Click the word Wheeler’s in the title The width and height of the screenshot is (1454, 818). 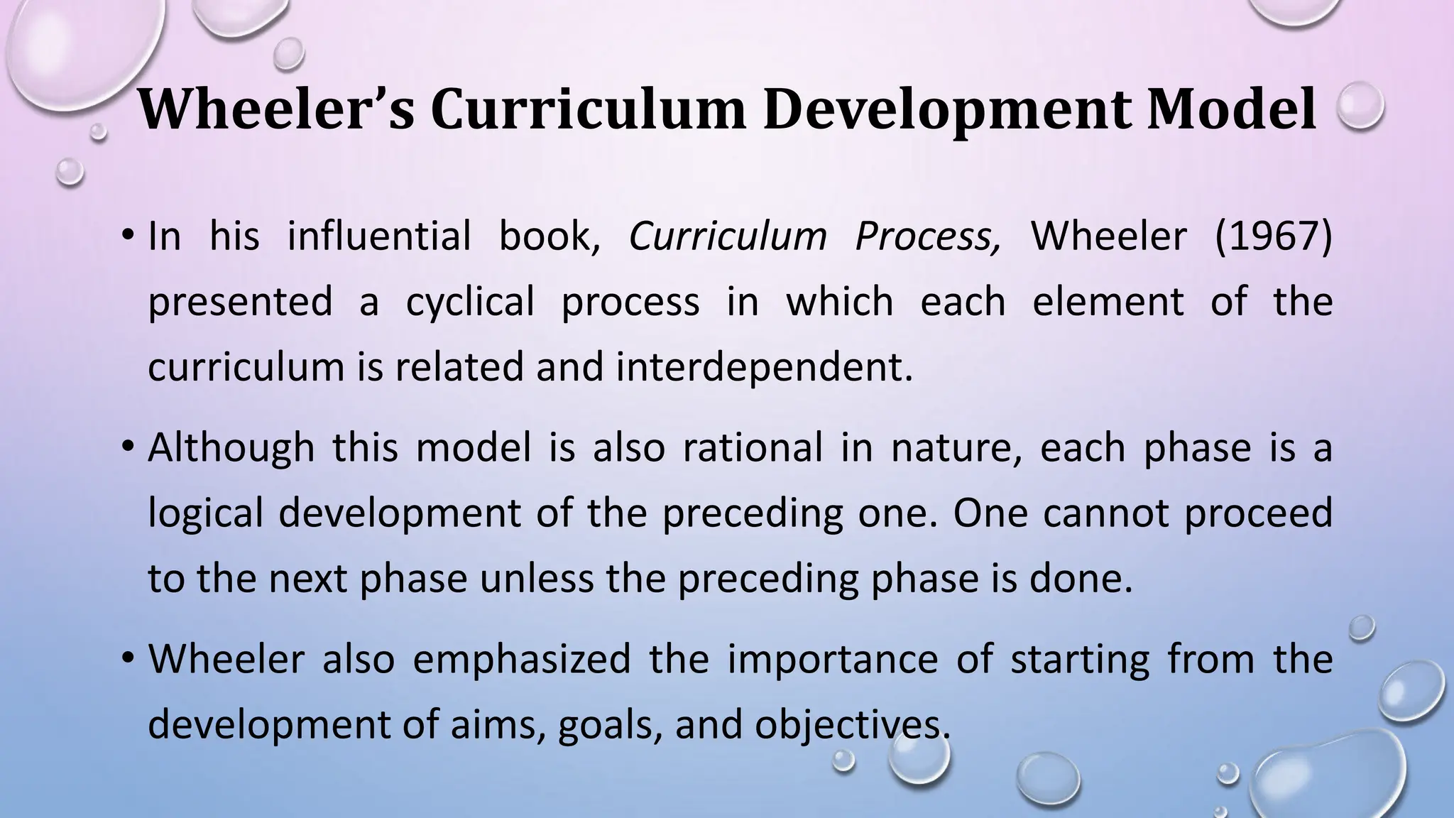click(x=275, y=109)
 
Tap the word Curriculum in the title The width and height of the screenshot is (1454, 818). click(x=588, y=109)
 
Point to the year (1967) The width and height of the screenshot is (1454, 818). click(x=1273, y=236)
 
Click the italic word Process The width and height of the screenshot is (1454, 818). click(x=928, y=236)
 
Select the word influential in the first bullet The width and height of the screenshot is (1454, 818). click(x=379, y=236)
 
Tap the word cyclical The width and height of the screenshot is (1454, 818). click(x=469, y=301)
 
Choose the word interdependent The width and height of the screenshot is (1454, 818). click(x=764, y=367)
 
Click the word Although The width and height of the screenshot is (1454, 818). click(x=231, y=448)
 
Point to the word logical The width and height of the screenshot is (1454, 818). click(x=206, y=513)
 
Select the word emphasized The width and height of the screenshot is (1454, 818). click(x=522, y=659)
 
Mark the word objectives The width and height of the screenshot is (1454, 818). click(x=852, y=725)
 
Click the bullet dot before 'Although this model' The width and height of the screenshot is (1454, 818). click(x=127, y=447)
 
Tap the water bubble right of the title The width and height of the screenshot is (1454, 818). click(x=1360, y=106)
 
